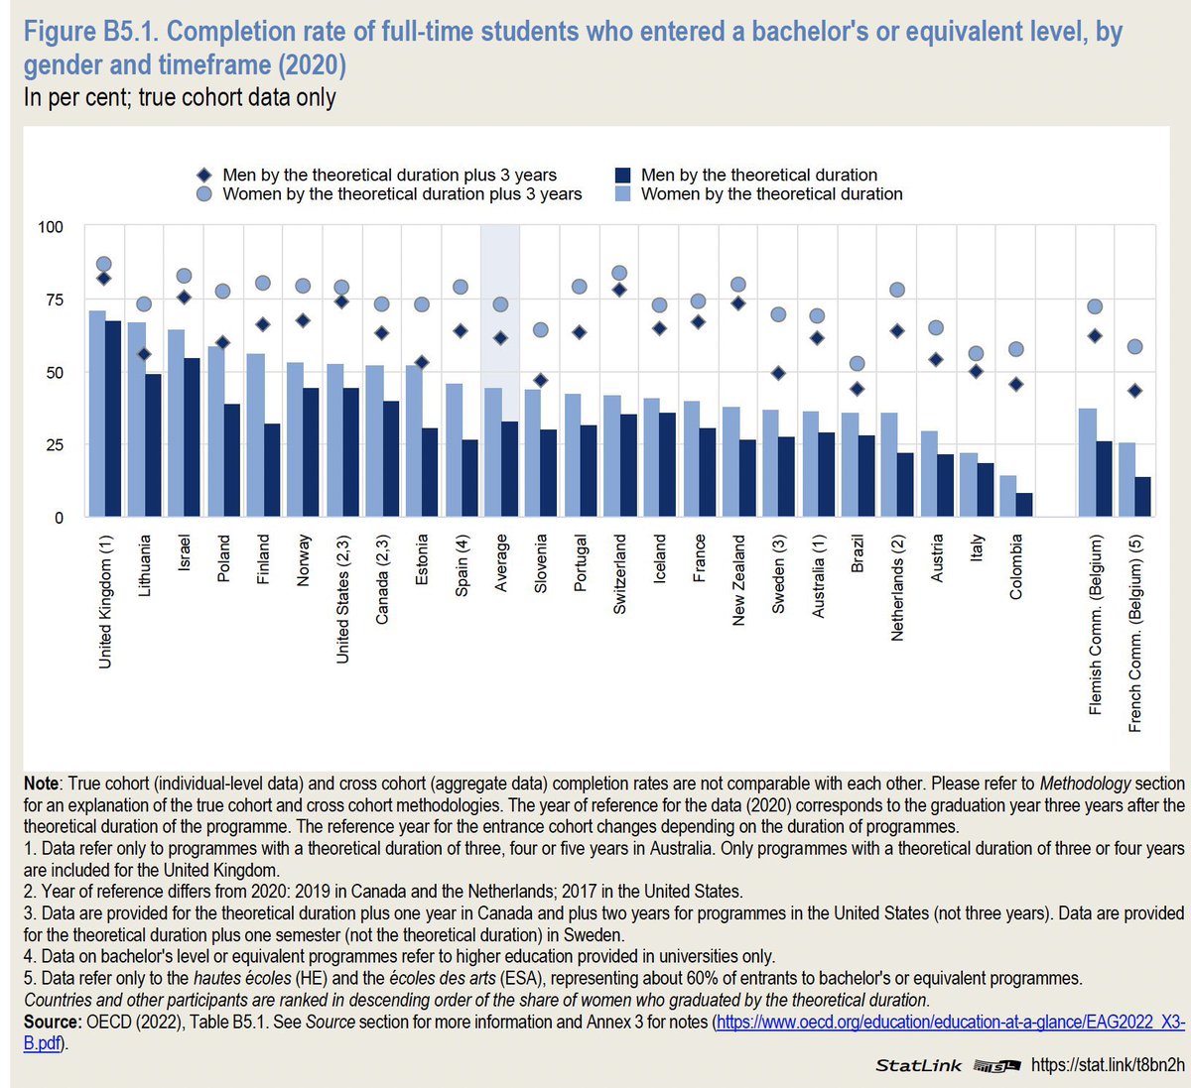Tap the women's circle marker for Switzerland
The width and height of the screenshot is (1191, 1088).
tap(619, 273)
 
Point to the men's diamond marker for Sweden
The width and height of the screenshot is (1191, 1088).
tap(778, 373)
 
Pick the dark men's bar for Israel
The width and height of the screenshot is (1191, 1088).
tap(192, 436)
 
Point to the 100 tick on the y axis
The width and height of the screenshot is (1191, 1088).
tap(50, 227)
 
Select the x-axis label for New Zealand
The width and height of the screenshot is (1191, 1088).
tap(738, 580)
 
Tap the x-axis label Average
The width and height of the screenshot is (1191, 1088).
tap(500, 563)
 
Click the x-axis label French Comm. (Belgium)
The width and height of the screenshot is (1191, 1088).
tap(1135, 634)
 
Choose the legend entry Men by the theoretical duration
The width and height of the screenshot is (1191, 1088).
tap(758, 175)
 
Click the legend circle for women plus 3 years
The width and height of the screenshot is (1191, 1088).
tap(204, 194)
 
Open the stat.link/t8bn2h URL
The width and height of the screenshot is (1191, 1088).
tap(1108, 1064)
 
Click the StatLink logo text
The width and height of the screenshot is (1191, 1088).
tap(918, 1065)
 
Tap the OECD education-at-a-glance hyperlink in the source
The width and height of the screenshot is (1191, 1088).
tap(949, 1022)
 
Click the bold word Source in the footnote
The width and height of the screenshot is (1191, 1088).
tap(53, 1022)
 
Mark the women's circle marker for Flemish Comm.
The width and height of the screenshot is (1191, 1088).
tap(1095, 306)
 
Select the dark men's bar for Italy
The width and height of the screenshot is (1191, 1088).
tap(985, 490)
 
